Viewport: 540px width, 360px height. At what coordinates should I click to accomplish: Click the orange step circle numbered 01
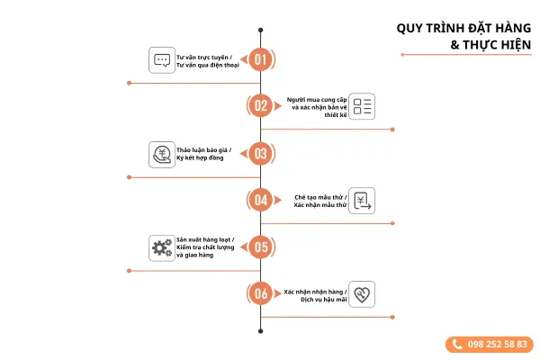(x=261, y=60)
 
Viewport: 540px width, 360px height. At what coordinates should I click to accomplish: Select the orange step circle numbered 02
(x=261, y=106)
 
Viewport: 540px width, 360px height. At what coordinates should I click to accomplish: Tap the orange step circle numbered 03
(x=261, y=153)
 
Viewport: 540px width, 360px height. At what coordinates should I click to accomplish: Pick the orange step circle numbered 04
(x=261, y=200)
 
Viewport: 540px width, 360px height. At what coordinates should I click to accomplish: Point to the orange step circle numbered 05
(x=261, y=247)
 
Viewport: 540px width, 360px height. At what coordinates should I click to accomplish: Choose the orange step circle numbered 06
(x=261, y=293)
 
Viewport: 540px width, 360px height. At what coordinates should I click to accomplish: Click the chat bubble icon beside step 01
(x=162, y=60)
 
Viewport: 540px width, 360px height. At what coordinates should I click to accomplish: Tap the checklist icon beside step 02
(x=362, y=106)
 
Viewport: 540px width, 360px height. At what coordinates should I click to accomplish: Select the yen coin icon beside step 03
(x=162, y=154)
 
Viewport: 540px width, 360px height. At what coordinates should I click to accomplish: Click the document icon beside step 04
(x=362, y=201)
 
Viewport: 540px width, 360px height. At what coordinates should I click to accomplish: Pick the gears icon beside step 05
(x=162, y=247)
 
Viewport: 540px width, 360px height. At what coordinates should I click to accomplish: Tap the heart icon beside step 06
(x=362, y=293)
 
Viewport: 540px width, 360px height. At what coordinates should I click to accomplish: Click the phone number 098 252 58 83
(x=490, y=344)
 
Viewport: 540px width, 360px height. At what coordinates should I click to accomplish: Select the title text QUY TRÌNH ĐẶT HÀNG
(x=463, y=28)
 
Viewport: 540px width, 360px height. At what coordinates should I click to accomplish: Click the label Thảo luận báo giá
(x=203, y=149)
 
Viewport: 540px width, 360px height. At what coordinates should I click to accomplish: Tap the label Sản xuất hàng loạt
(x=204, y=239)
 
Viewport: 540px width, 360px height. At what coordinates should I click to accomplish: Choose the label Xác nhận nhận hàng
(x=315, y=291)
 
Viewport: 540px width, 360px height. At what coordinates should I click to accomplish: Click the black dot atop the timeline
(x=261, y=30)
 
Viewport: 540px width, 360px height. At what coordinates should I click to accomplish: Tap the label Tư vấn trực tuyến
(x=203, y=57)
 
